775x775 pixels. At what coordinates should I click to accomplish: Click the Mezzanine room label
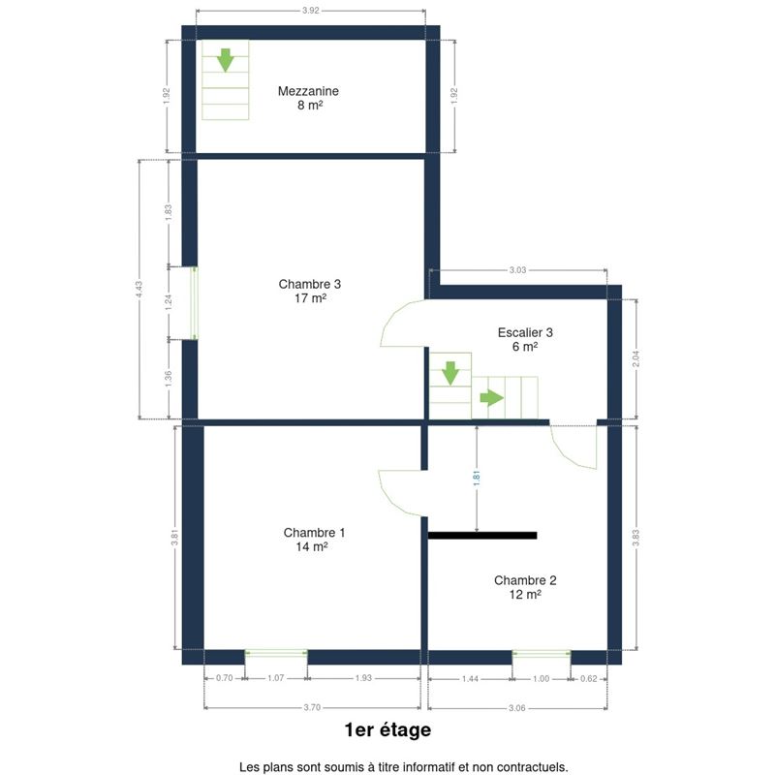(x=308, y=91)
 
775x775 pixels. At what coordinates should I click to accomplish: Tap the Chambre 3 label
(x=309, y=284)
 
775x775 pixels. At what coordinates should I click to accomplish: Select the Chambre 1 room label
(x=314, y=532)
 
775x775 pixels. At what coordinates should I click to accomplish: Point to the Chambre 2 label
(x=525, y=580)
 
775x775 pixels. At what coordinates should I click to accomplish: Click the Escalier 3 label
(x=525, y=332)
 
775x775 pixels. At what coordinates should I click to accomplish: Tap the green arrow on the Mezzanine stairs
(x=226, y=60)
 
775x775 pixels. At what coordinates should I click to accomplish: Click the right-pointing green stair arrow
(x=492, y=397)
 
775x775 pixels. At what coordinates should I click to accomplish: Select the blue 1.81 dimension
(x=477, y=478)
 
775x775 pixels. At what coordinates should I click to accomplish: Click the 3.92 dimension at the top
(x=311, y=11)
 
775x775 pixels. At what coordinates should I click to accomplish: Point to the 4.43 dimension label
(x=139, y=290)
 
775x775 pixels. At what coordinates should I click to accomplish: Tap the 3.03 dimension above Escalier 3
(x=517, y=270)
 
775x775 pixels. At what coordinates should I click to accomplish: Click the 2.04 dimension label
(x=635, y=358)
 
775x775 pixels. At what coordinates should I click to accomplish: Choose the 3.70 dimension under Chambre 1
(x=312, y=707)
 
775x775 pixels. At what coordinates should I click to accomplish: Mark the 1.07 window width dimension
(x=276, y=677)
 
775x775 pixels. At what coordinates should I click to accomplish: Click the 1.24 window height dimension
(x=168, y=302)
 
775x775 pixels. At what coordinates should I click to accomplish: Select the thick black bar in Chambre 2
(x=482, y=536)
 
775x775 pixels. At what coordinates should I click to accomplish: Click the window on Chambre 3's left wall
(x=195, y=303)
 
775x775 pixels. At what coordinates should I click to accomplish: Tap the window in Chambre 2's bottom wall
(x=542, y=654)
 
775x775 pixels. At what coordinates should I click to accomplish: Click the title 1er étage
(x=387, y=730)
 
